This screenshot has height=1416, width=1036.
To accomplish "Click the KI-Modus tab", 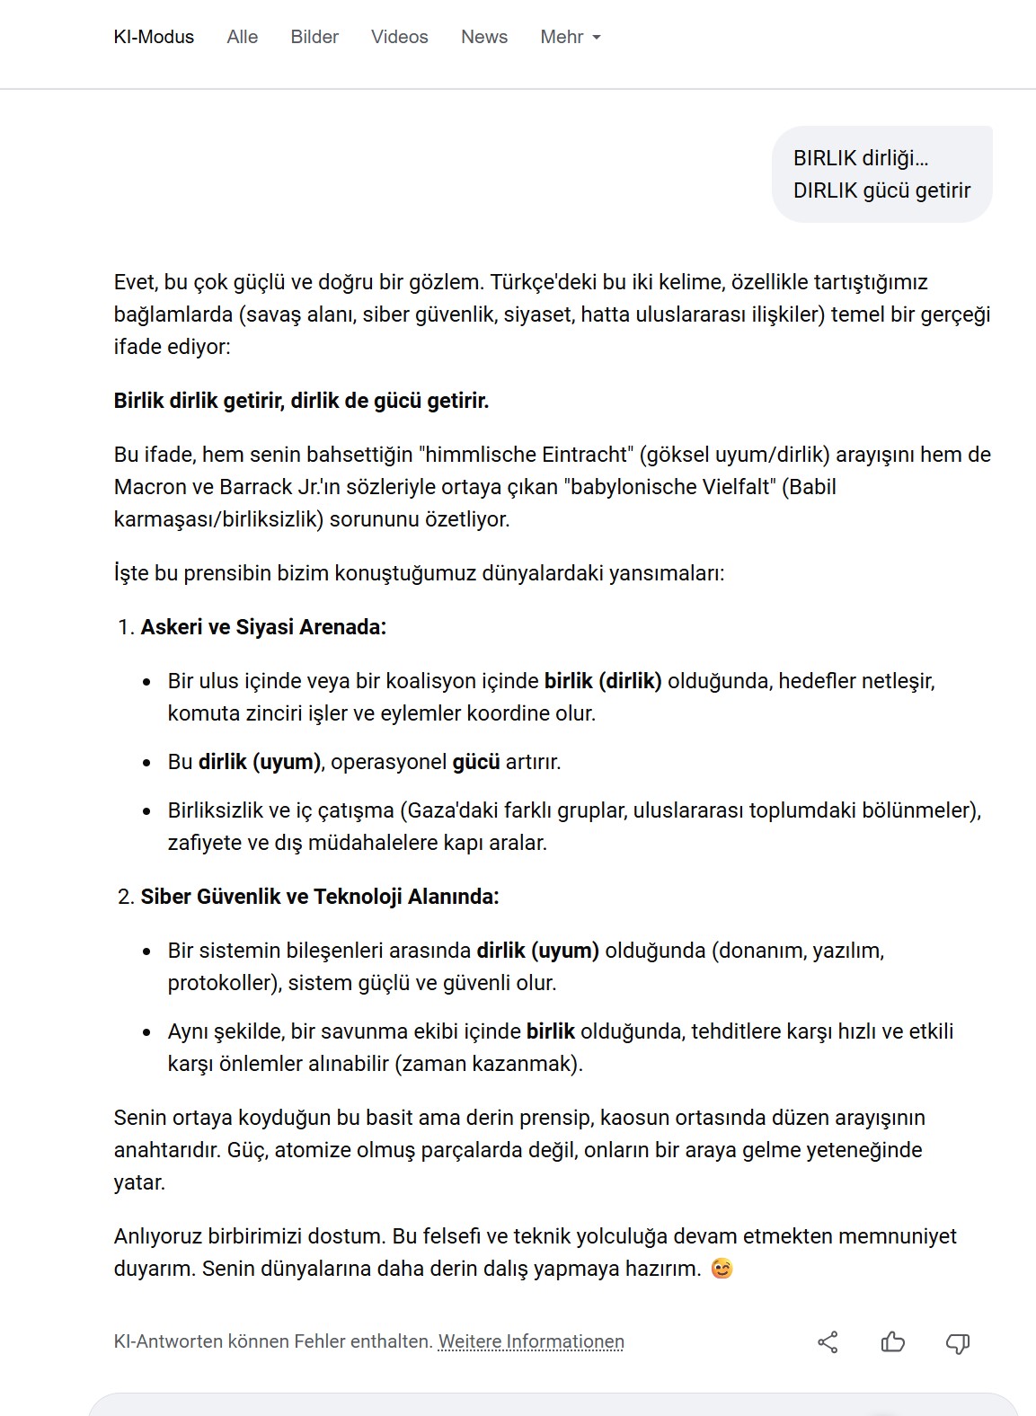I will tap(154, 37).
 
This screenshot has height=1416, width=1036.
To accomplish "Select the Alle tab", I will tap(243, 37).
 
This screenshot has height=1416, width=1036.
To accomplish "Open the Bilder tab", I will tap(314, 37).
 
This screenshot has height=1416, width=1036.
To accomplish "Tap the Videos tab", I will tap(400, 37).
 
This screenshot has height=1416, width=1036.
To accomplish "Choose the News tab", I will tap(484, 37).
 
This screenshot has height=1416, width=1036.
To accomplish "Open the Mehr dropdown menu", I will tap(571, 37).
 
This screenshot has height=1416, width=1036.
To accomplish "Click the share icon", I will tap(828, 1342).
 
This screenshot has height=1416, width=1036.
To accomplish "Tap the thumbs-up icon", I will tap(892, 1342).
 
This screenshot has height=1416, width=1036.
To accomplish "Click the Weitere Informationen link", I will tap(531, 1341).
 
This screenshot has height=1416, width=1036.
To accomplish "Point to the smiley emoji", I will tap(722, 1269).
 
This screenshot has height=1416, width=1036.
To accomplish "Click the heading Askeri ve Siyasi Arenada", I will tap(263, 627).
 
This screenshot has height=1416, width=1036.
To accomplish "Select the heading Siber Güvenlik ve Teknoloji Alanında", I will tap(320, 897).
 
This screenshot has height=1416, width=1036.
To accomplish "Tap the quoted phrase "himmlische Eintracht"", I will tap(526, 455).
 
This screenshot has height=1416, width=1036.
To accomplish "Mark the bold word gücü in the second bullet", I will tap(476, 762).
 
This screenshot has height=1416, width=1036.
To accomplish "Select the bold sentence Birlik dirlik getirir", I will tap(301, 401).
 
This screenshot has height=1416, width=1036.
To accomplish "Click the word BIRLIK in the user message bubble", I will tap(825, 158).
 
